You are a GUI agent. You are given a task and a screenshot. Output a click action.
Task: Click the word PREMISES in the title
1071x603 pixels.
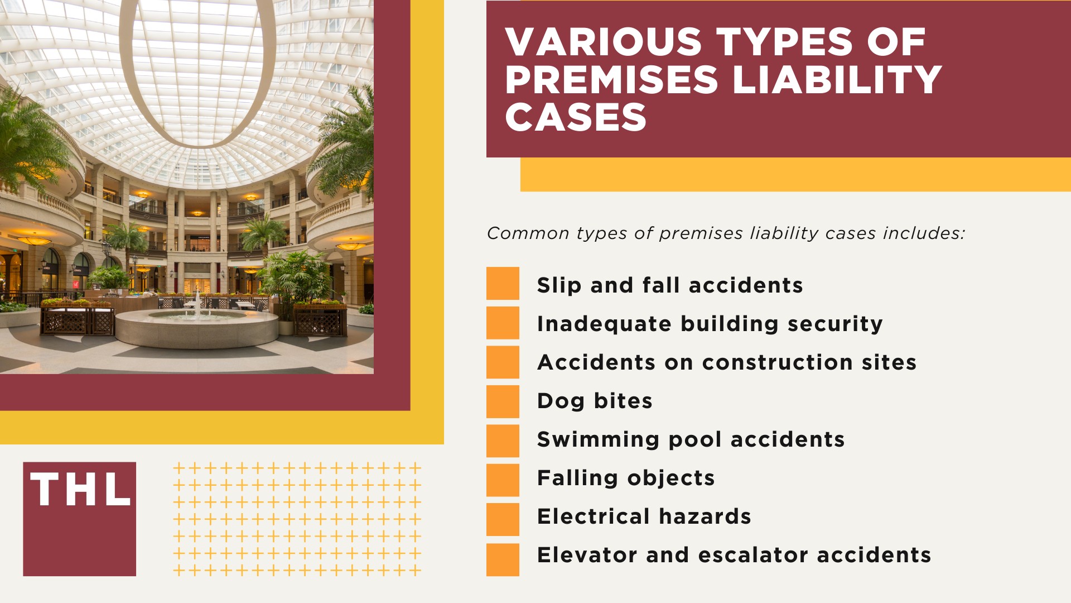click(x=611, y=80)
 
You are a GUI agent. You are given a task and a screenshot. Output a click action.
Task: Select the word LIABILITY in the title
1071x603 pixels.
click(x=837, y=80)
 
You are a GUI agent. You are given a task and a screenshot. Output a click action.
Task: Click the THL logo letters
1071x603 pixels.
click(x=80, y=490)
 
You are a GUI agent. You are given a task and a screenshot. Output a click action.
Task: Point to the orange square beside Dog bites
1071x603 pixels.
click(x=503, y=401)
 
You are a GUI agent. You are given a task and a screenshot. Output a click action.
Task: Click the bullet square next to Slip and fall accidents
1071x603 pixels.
click(x=503, y=284)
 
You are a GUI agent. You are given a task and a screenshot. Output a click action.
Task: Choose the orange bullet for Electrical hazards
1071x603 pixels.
click(x=503, y=519)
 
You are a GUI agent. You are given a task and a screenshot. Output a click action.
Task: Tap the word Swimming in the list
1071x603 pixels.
click(x=598, y=440)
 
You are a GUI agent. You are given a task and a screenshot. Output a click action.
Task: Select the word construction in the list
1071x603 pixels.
click(x=777, y=363)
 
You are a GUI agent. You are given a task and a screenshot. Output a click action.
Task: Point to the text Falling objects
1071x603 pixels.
click(x=625, y=478)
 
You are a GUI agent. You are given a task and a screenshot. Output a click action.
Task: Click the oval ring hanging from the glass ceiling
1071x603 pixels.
click(x=197, y=73)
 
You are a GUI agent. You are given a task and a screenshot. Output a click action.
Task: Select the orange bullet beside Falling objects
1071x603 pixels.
click(x=503, y=480)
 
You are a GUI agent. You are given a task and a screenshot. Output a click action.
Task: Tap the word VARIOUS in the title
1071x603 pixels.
click(x=603, y=42)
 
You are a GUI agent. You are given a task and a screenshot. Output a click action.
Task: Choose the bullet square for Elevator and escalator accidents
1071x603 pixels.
click(x=503, y=559)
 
